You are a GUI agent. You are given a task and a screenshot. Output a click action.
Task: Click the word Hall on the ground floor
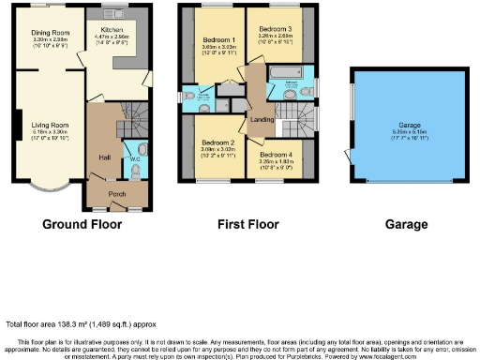[103, 158]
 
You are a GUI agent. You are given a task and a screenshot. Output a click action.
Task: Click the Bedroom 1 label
[218, 39]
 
